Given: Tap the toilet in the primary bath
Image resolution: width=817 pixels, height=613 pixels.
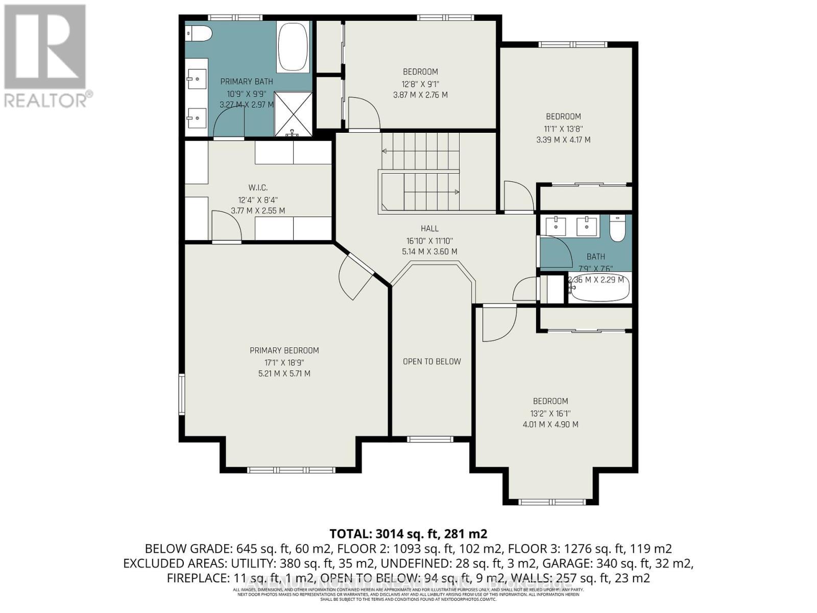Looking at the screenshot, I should point(200,33).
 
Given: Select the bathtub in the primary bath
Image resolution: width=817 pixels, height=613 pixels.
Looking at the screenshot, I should point(293,46).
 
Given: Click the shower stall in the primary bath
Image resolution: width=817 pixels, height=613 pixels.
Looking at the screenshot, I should point(293,113).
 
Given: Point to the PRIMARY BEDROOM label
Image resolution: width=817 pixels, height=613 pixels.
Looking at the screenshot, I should point(284,350).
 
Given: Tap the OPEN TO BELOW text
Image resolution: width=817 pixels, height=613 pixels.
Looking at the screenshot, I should point(431,362).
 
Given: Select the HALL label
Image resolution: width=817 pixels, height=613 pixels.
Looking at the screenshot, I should point(429,228).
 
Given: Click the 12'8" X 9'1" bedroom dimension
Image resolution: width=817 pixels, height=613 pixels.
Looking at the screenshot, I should point(420,83).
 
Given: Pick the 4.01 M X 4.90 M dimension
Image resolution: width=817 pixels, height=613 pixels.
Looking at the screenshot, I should point(550,425).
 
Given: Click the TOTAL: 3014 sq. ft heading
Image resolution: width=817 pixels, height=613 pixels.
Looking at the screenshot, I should point(408,534).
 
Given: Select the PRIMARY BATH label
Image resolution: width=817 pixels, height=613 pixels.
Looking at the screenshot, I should point(246,82).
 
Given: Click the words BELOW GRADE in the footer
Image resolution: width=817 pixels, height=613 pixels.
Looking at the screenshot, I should point(188,549).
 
